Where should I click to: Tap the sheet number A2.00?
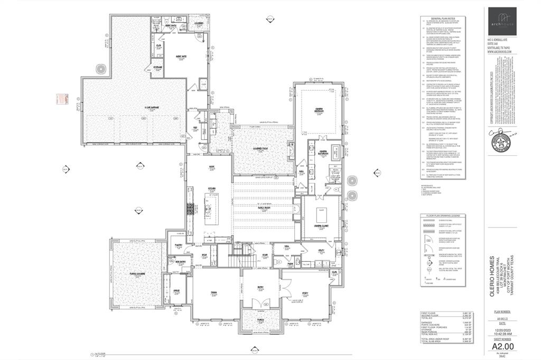point(503,346)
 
